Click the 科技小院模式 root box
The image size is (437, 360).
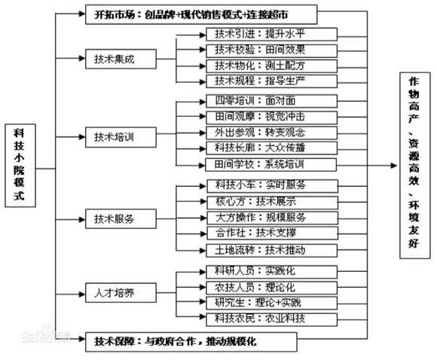(20, 166)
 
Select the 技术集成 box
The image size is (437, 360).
(121, 59)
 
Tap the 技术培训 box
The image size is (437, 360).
(121, 137)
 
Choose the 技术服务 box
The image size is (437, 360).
(121, 219)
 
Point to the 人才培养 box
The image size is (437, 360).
(121, 292)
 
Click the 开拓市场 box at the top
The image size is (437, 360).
(201, 14)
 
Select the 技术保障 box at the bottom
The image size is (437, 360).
(191, 342)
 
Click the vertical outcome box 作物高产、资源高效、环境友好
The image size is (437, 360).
(415, 166)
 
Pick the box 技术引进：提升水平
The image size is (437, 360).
(271, 35)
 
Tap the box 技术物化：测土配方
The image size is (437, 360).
(271, 66)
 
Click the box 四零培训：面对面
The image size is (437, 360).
(271, 101)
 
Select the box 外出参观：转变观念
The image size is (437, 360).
(271, 133)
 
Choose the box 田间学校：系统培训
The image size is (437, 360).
(271, 165)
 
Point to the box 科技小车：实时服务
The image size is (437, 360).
(272, 186)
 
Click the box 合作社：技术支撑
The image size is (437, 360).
(272, 233)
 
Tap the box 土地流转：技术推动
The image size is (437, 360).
(271, 251)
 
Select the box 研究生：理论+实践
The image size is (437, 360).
(271, 303)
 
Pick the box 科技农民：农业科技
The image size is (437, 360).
(271, 319)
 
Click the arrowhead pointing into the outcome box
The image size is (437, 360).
(394, 166)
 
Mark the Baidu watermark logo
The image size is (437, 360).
(46, 333)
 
